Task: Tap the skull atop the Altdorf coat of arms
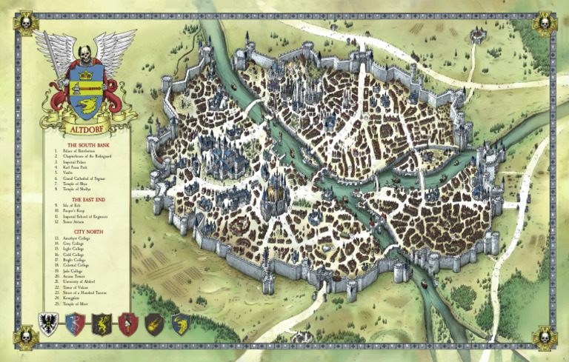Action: (85, 53)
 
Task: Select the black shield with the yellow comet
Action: (154, 324)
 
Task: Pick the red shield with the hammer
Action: (127, 324)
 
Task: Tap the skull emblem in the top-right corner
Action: (543, 24)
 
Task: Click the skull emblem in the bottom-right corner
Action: (543, 337)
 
